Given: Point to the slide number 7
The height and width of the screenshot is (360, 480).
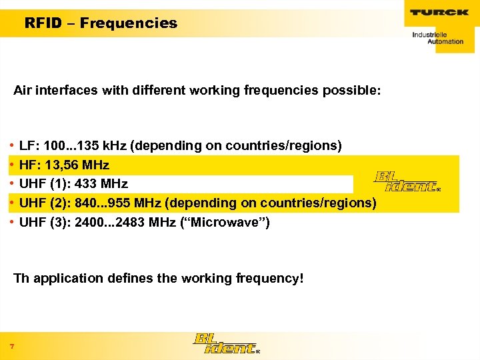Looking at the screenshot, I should tap(12, 345).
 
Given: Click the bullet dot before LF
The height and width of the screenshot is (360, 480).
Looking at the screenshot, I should tap(12, 145).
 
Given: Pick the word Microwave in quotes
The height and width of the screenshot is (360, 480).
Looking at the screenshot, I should tap(233, 222).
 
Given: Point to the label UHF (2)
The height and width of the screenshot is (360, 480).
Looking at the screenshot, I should tap(44, 203).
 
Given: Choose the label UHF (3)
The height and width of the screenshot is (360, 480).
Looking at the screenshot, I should tap(44, 222).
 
